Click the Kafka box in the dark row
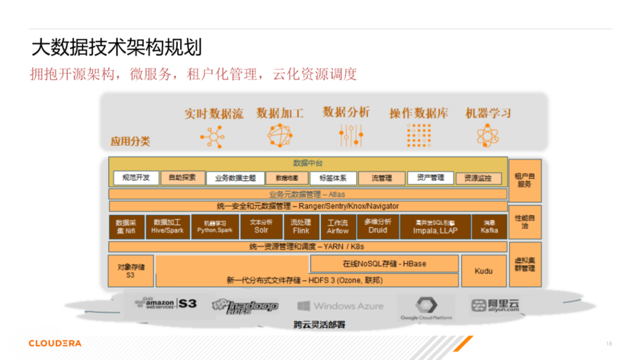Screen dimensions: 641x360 coord(489,227)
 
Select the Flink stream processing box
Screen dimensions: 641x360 coord(301,227)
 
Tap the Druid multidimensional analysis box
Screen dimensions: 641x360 coord(377,227)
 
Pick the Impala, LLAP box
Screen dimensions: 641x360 coord(435,227)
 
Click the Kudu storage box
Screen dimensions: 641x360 coord(484,271)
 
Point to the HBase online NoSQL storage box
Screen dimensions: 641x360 coord(384,263)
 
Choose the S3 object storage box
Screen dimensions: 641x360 coord(131,271)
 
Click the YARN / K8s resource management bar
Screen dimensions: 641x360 coord(308,247)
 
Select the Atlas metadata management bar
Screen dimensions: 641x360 coord(308,194)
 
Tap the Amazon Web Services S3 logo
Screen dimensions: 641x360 coord(166,304)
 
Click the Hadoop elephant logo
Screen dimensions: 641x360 coord(245,306)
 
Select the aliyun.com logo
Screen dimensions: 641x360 coord(495,305)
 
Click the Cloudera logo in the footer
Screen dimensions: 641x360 coord(55,343)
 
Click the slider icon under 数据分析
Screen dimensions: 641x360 coord(351,135)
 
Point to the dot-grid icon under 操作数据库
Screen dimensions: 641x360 coord(419,135)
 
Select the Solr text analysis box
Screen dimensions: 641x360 coord(261,227)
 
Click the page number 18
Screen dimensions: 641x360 coord(608,344)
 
